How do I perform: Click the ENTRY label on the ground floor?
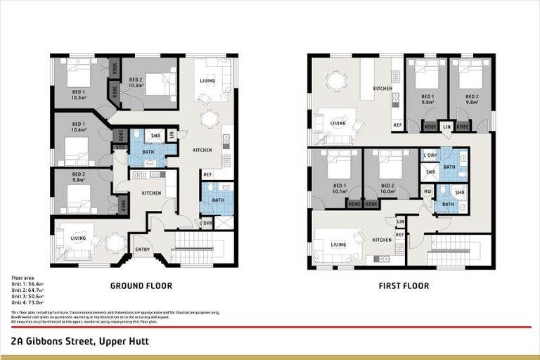[x=142, y=249]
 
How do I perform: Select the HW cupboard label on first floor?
[x=427, y=191]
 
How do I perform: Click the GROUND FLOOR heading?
[x=141, y=286]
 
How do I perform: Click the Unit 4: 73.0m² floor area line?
[x=27, y=302]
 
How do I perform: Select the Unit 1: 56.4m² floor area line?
[x=27, y=285]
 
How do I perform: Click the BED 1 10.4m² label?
[x=78, y=127]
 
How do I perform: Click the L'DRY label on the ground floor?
[x=205, y=224]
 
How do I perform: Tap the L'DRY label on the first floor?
[x=430, y=156]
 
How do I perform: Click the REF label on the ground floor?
[x=207, y=174]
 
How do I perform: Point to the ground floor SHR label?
[x=155, y=135]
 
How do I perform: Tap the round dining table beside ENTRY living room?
[x=115, y=242]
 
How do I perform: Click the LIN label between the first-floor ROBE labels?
[x=446, y=127]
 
